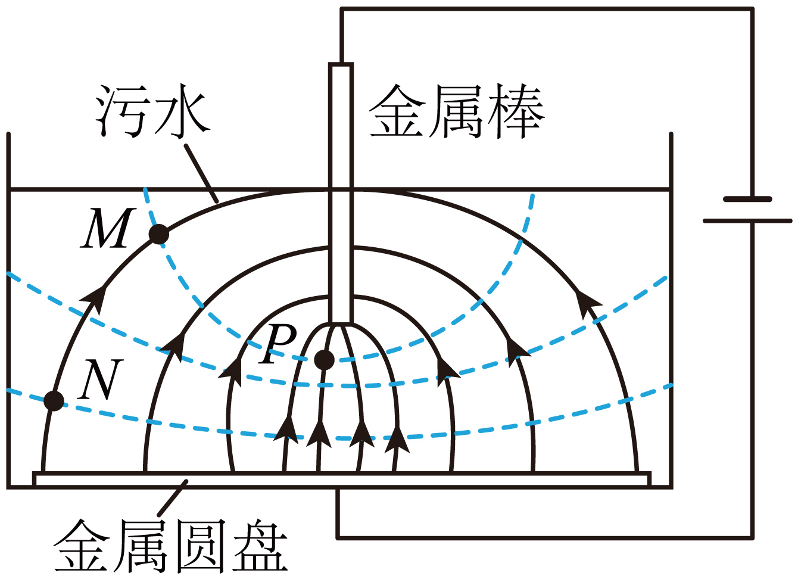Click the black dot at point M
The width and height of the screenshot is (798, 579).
(x=158, y=234)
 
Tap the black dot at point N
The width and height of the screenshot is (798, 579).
(x=54, y=401)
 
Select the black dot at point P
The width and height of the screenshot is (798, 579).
(x=324, y=359)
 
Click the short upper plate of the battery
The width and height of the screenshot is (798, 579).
(x=747, y=199)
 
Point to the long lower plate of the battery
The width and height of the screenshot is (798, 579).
(x=747, y=220)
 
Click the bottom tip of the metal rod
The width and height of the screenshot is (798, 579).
(x=341, y=322)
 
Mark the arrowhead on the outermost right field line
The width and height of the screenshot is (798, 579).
(x=588, y=301)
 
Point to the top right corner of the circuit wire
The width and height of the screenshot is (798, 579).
(x=752, y=10)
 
